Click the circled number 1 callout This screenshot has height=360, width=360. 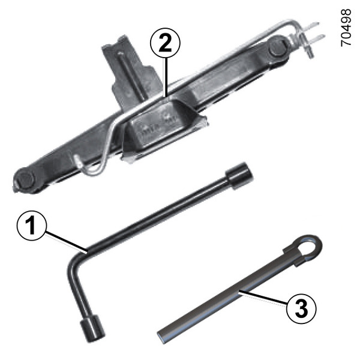click(x=32, y=226)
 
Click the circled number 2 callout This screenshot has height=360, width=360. click(x=166, y=43)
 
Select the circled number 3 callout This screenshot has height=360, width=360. click(x=301, y=309)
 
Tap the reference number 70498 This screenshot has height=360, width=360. click(x=346, y=28)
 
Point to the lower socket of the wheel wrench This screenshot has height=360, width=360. click(x=92, y=328)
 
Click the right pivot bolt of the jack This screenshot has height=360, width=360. click(x=278, y=49)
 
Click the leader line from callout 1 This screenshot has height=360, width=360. click(x=67, y=242)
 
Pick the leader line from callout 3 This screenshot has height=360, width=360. click(x=263, y=298)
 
